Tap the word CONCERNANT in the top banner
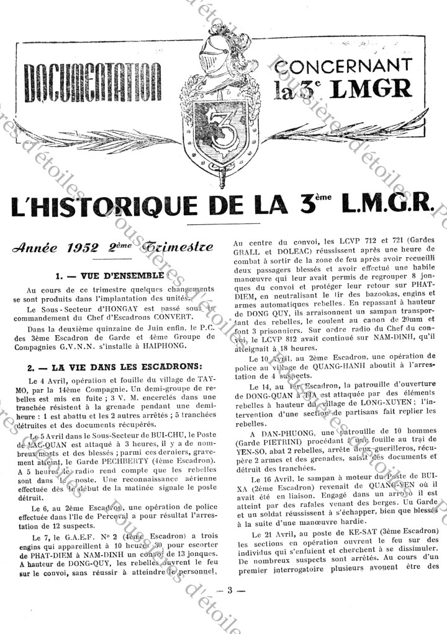pyautogui.click(x=343, y=64)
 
